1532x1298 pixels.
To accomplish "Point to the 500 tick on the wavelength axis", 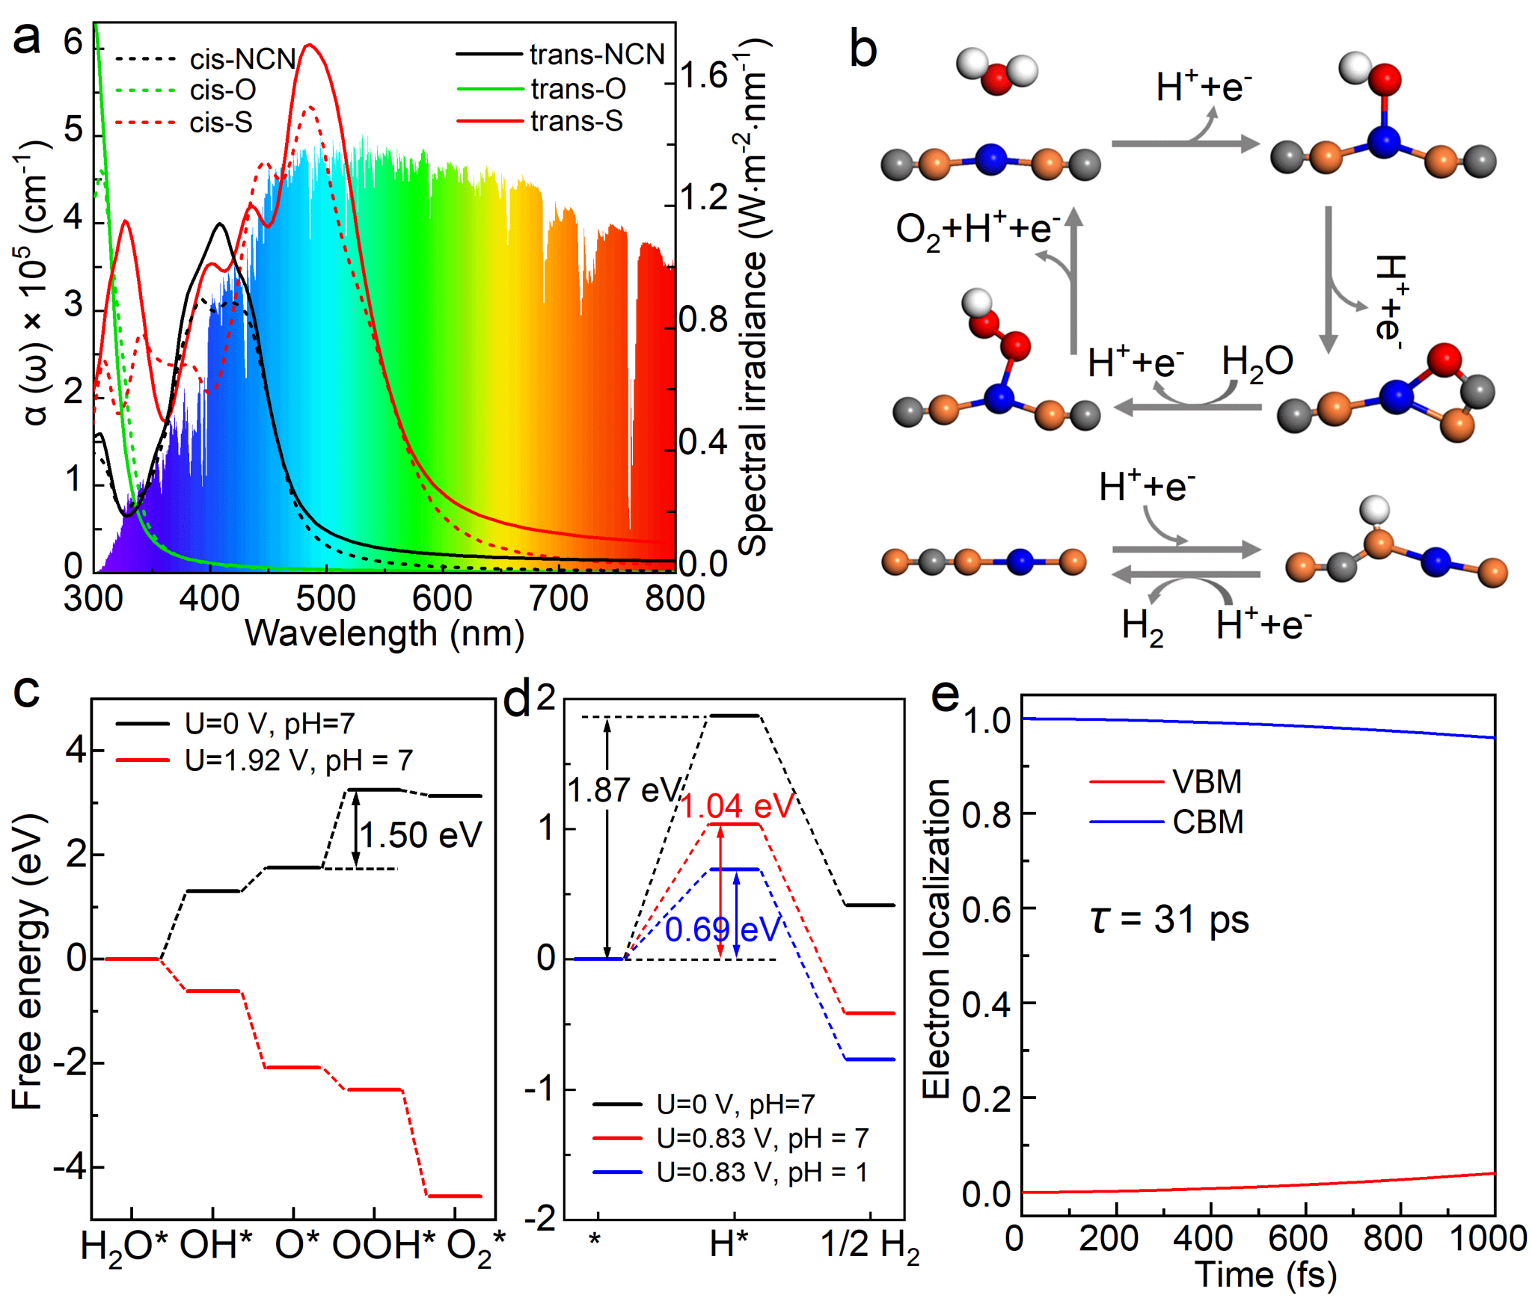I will tap(325, 599).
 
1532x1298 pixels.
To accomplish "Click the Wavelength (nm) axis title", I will tap(384, 634).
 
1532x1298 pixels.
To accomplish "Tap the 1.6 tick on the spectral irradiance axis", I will tap(703, 76).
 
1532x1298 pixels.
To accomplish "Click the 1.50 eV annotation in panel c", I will tap(420, 835).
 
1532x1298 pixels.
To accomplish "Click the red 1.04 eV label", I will tap(738, 806).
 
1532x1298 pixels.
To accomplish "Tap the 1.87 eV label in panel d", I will tap(623, 790).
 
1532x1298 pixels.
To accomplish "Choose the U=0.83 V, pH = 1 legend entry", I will tap(762, 1172).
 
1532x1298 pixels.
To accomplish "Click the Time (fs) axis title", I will tap(1265, 1276).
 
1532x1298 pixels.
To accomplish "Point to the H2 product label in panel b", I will tap(1142, 627).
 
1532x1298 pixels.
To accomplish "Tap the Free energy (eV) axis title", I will tap(28, 962).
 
